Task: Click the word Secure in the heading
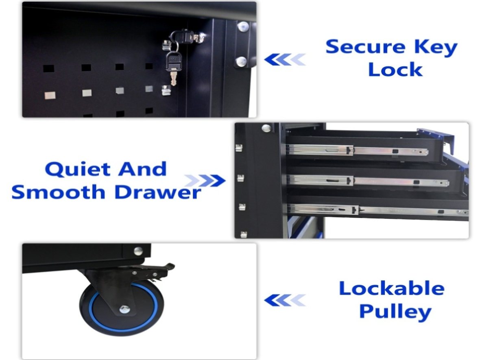click(x=366, y=47)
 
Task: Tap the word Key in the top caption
click(x=436, y=48)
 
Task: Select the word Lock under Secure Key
click(x=395, y=70)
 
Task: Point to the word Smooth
click(x=59, y=192)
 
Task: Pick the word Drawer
click(x=158, y=192)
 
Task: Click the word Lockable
click(x=392, y=289)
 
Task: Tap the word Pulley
click(x=395, y=312)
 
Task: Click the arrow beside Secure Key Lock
click(x=285, y=60)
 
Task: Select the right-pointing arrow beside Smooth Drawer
click(x=205, y=181)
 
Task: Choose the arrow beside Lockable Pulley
click(x=285, y=300)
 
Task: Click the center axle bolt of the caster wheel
click(x=124, y=310)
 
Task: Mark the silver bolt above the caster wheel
click(x=138, y=251)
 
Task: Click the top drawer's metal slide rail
click(x=357, y=151)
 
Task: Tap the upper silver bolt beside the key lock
click(x=243, y=26)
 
